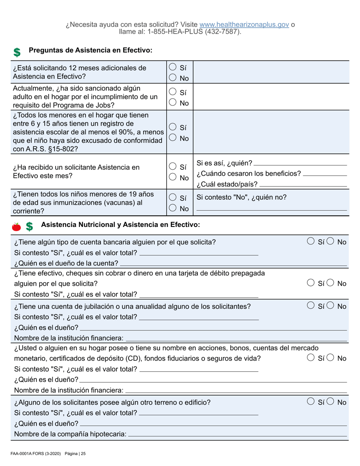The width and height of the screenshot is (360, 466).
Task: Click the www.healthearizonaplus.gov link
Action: click(x=244, y=25)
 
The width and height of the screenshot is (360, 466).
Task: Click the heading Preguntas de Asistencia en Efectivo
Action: click(x=91, y=50)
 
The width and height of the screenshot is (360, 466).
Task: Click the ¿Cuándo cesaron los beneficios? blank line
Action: click(x=325, y=174)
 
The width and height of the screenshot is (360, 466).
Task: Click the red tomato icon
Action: click(x=16, y=227)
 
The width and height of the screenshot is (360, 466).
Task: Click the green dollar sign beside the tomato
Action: click(x=29, y=227)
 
